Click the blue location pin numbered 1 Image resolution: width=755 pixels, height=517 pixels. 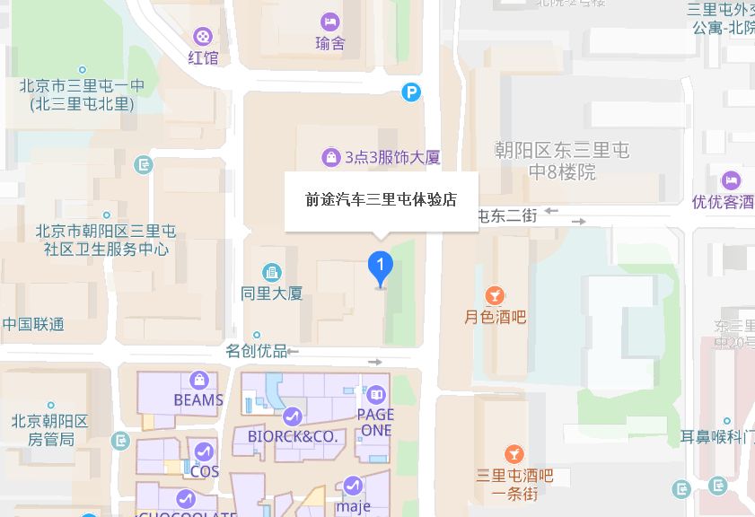381,267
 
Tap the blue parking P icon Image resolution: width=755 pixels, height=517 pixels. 411,92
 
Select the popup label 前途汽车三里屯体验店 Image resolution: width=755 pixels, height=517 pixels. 382,200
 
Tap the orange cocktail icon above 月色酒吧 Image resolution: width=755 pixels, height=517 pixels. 495,295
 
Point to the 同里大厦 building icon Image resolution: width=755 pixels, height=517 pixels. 271,272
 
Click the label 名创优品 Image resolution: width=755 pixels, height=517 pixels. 256,350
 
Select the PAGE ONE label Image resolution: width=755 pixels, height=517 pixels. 375,422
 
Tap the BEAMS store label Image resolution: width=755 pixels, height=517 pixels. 198,399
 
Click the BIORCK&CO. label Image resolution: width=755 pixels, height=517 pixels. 291,436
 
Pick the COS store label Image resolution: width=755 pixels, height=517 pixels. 205,470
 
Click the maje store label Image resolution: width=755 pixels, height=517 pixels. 353,506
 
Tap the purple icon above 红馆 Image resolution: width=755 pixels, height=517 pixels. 204,37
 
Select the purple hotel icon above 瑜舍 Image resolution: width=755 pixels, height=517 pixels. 329,21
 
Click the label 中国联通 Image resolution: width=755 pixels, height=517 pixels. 33,324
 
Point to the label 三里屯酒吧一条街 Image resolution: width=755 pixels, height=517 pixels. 514,485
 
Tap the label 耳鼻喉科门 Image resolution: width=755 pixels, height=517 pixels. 716,438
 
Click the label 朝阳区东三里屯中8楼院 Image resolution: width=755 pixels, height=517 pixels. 563,161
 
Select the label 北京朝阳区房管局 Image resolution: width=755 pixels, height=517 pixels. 49,430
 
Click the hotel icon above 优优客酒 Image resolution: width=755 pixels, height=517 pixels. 730,180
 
